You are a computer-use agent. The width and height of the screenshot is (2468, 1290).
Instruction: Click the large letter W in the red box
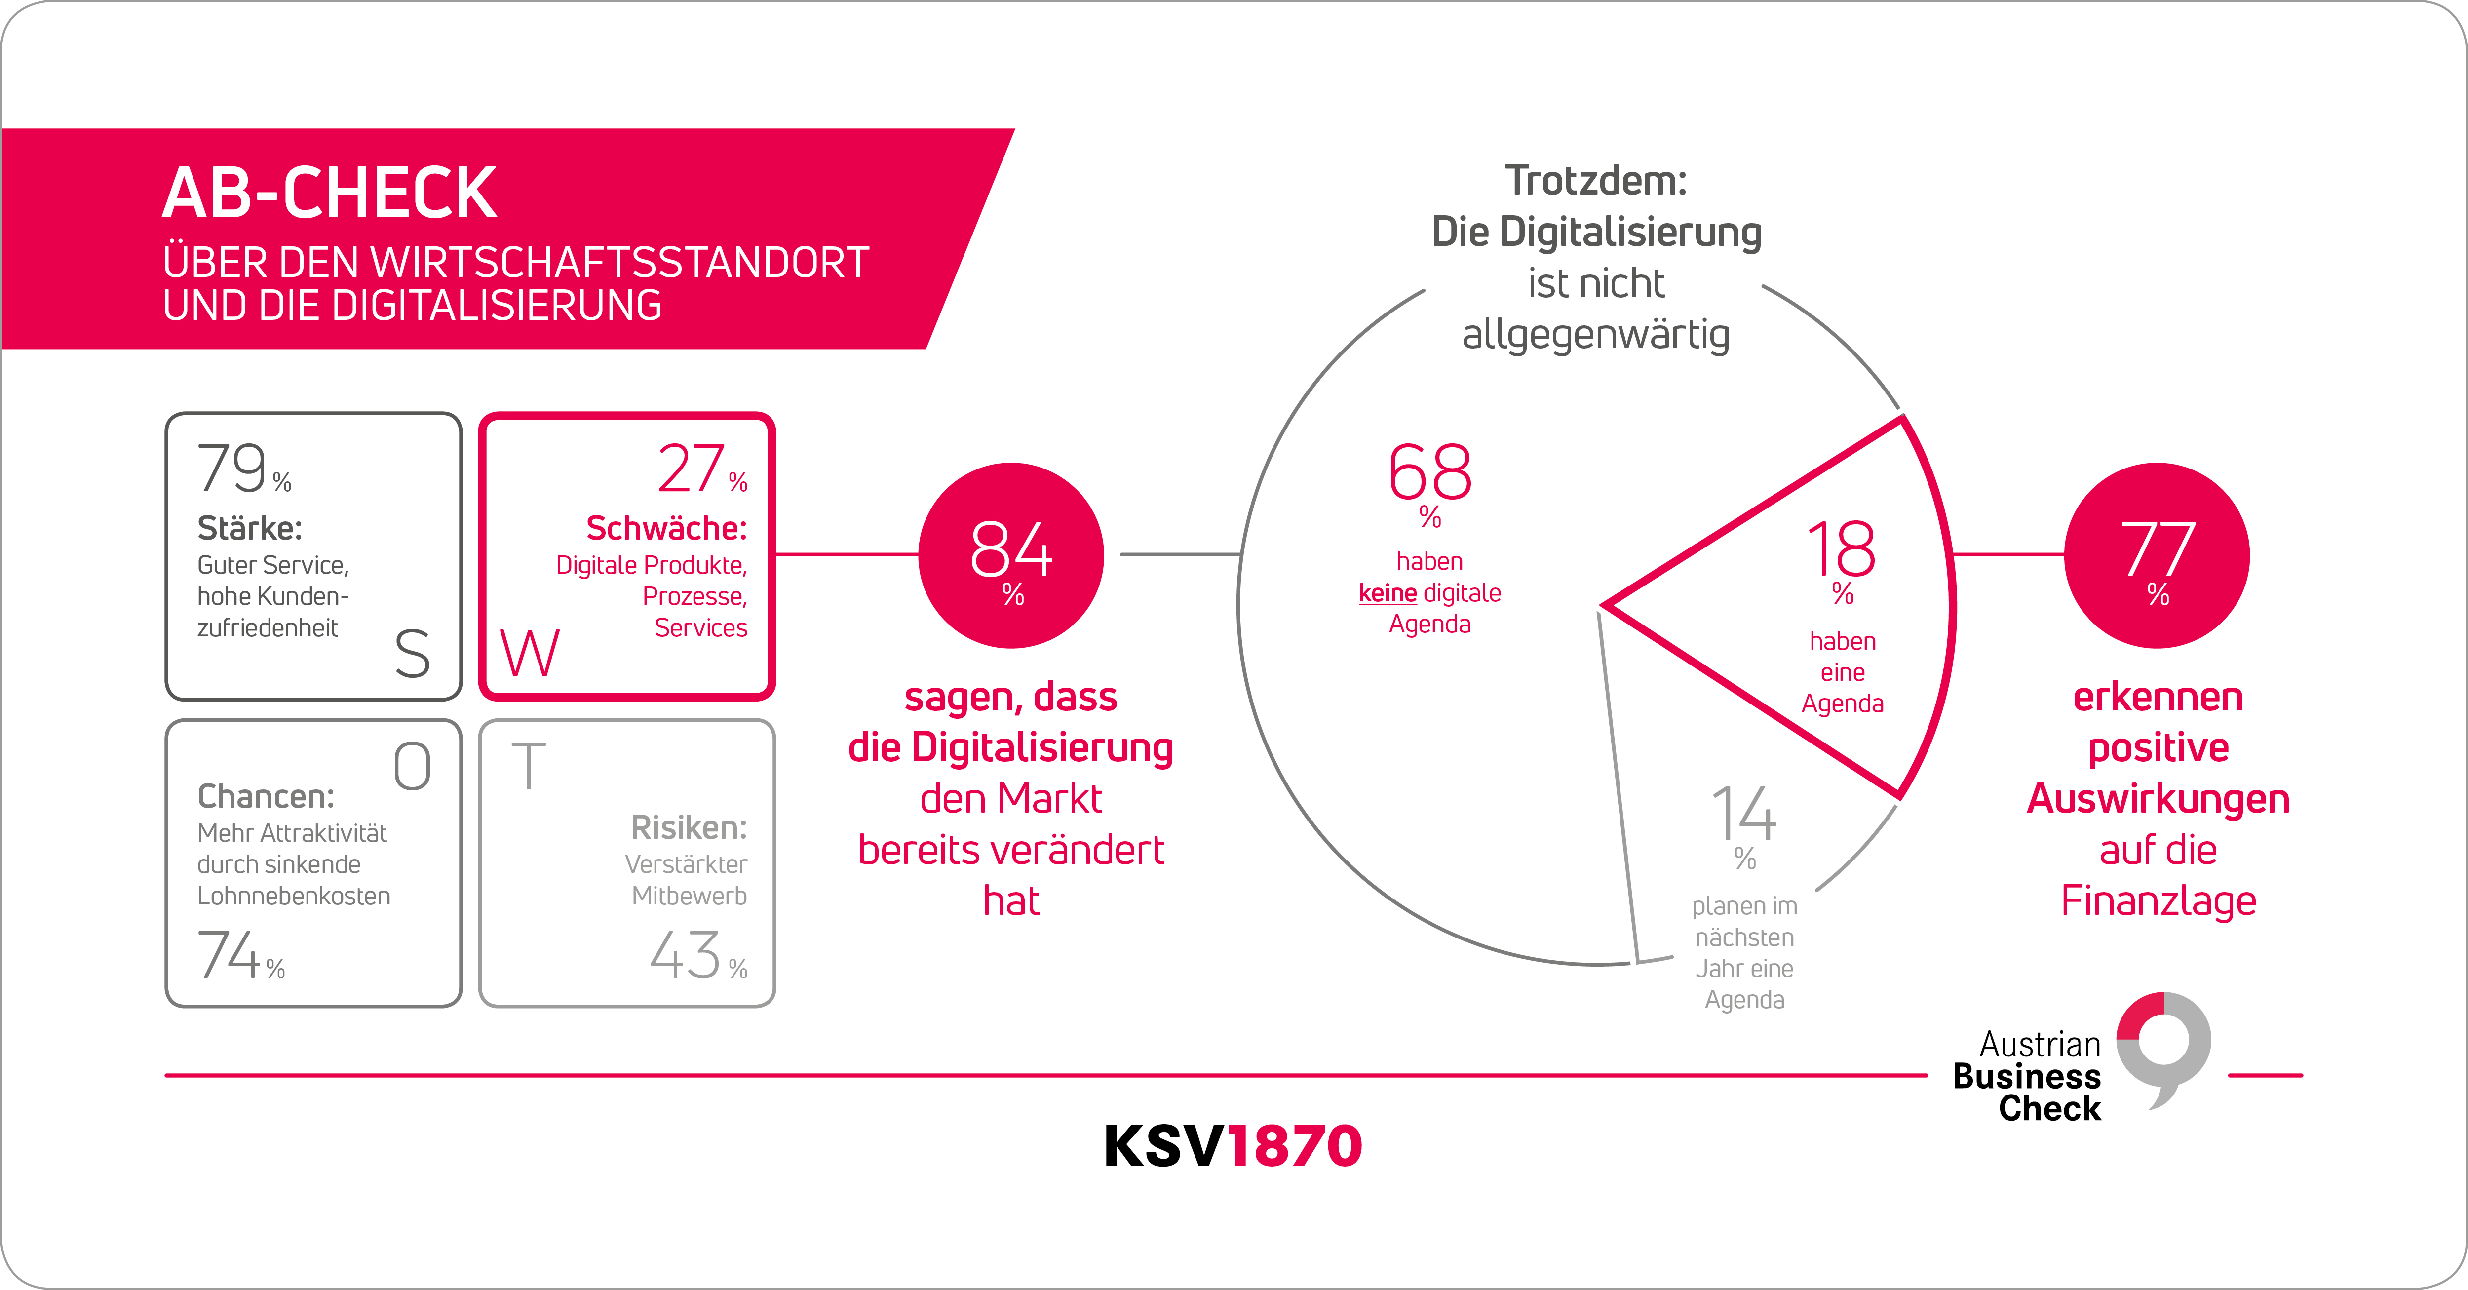530,654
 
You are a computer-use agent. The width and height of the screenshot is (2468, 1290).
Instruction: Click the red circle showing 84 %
1011,556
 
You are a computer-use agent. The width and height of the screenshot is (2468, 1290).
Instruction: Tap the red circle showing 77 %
2157,556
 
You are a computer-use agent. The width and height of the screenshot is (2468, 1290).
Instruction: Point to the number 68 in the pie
1429,472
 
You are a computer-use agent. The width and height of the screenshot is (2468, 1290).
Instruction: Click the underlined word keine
1388,593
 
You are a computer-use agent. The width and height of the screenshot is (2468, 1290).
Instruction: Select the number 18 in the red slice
1842,549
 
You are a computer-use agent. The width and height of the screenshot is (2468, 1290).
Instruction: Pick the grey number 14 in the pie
1744,815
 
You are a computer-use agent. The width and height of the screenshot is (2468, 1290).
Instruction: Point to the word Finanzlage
2158,901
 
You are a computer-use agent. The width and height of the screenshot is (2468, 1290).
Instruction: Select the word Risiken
688,827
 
